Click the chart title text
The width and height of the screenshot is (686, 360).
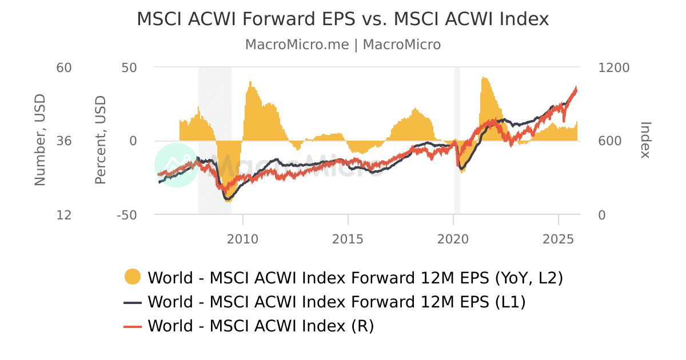coord(342,19)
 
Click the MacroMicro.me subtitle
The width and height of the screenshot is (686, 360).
coord(342,45)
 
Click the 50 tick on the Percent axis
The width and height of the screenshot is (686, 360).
coord(129,67)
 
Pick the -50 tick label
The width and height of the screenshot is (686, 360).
coord(127,215)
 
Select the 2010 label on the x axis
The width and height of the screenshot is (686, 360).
coord(243,238)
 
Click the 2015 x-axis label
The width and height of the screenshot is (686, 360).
coord(348,238)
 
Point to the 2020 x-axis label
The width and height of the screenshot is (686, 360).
coord(453,238)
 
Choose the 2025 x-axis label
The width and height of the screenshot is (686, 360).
coord(558,238)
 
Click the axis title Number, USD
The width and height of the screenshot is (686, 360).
coord(39,141)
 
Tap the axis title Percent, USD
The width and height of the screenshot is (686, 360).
coord(101,141)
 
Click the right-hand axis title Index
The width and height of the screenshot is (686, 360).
coord(645,140)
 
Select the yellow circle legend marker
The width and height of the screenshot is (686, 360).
coord(133,277)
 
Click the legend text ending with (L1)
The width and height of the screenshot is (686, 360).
coord(336,302)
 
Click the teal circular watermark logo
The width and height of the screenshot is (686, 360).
coord(177,165)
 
